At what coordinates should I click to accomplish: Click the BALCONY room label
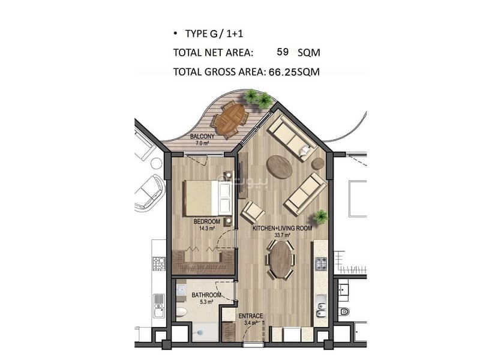202,137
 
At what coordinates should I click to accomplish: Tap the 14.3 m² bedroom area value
206,228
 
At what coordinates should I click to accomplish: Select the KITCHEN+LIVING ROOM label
282,228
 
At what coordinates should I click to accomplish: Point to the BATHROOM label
206,295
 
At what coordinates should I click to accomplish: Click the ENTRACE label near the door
251,316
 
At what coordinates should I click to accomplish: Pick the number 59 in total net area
283,52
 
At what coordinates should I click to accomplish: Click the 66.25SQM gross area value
294,72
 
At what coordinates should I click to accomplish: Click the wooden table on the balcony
234,118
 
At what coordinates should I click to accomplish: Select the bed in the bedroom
207,198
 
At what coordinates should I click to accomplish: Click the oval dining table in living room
281,259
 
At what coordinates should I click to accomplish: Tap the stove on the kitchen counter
321,264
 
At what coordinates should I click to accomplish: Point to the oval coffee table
279,167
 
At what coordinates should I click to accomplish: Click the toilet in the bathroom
182,312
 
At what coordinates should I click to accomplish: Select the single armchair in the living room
253,212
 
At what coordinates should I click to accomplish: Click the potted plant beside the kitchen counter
320,217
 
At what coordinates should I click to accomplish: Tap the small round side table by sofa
318,164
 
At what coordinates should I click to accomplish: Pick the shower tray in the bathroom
206,332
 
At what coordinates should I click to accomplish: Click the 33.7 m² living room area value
282,235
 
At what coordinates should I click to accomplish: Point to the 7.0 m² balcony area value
202,143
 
